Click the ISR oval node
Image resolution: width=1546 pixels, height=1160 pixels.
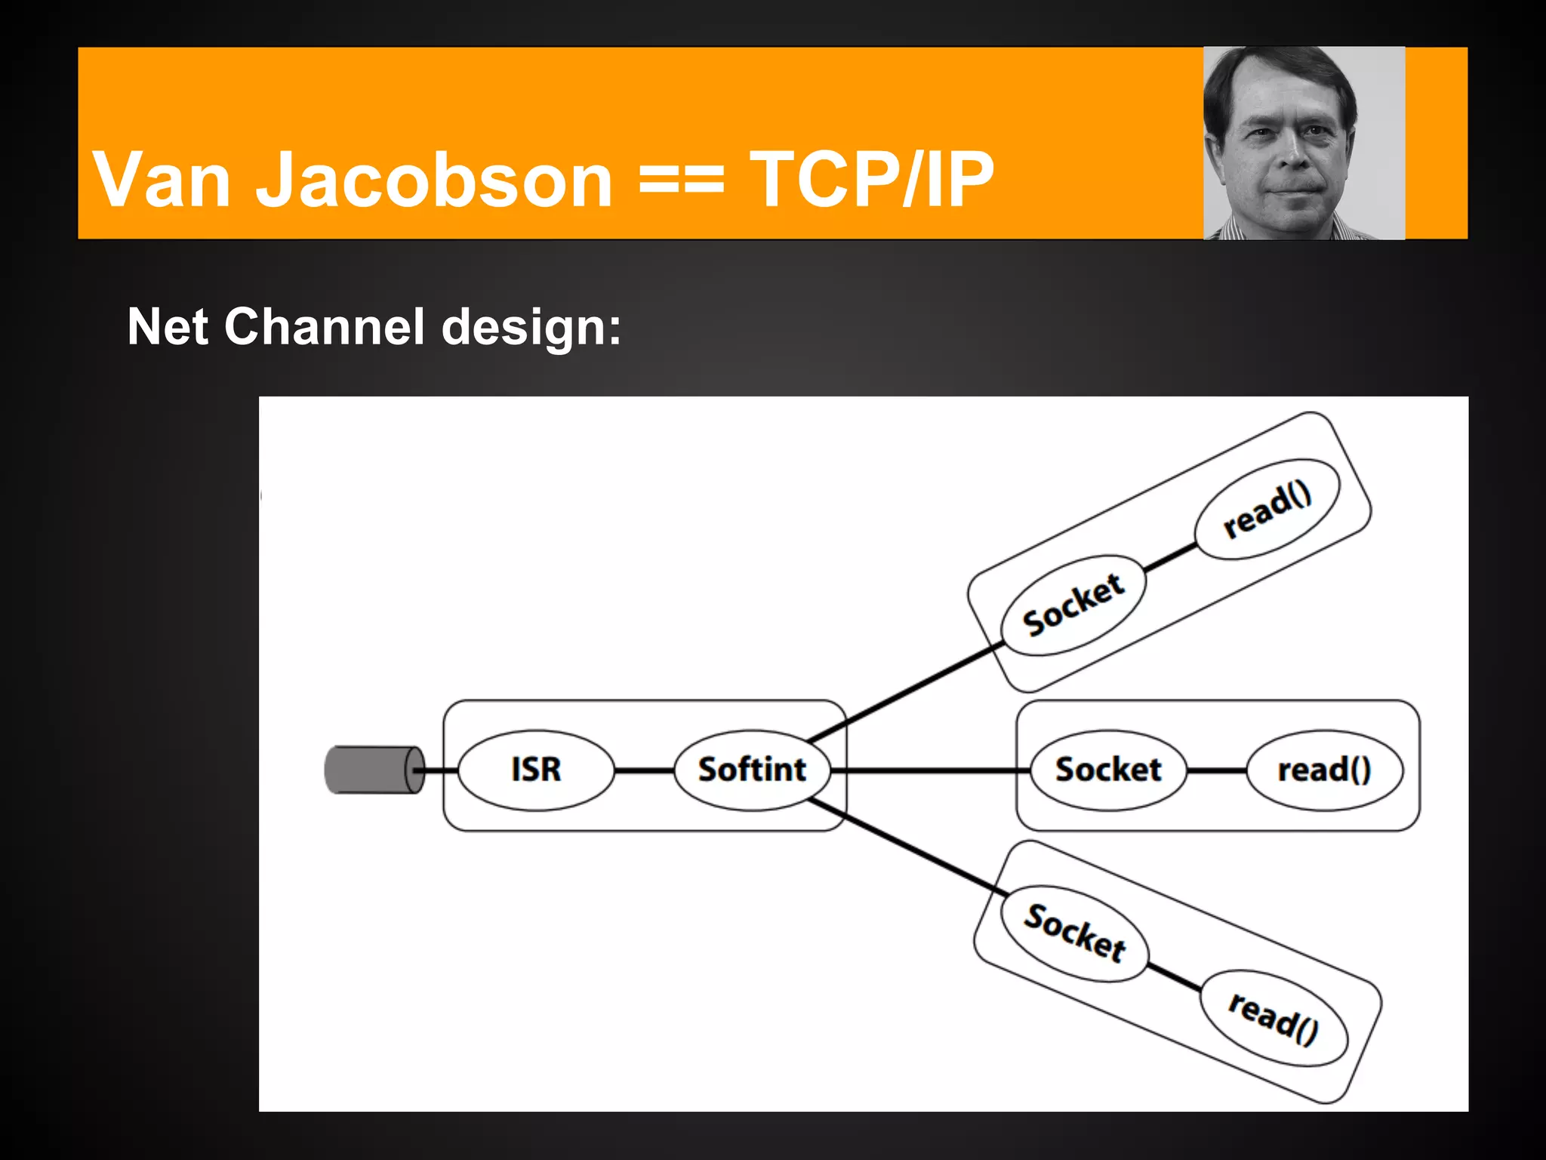click(536, 770)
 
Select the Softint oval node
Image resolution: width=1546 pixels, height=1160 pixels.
click(752, 770)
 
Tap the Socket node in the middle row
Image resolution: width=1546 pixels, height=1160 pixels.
click(1108, 770)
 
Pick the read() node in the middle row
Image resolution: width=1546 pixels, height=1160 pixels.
click(1324, 770)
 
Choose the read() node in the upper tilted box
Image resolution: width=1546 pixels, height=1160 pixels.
click(1267, 511)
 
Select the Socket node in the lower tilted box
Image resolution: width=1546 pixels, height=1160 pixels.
click(1074, 933)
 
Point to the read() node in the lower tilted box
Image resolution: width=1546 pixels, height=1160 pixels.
click(1273, 1019)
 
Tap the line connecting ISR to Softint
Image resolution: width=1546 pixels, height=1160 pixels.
click(644, 770)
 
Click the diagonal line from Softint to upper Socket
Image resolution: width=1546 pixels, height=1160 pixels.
click(906, 692)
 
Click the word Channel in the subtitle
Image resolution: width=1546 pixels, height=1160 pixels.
click(325, 327)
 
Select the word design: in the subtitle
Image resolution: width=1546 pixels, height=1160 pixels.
click(531, 327)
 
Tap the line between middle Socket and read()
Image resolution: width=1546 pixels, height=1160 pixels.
click(1216, 770)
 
